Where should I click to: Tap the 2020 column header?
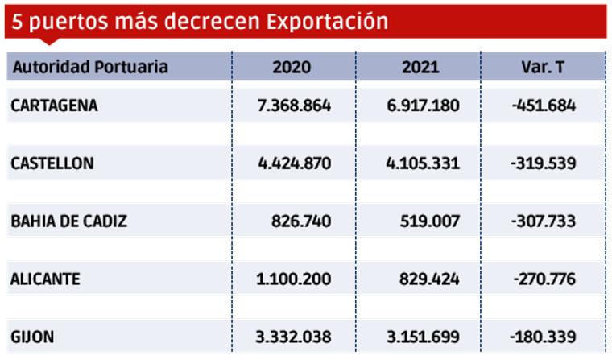coord(292,67)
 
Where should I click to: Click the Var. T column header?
coord(543,67)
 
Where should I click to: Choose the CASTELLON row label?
coord(52,163)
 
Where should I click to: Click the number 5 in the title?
coord(17,22)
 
